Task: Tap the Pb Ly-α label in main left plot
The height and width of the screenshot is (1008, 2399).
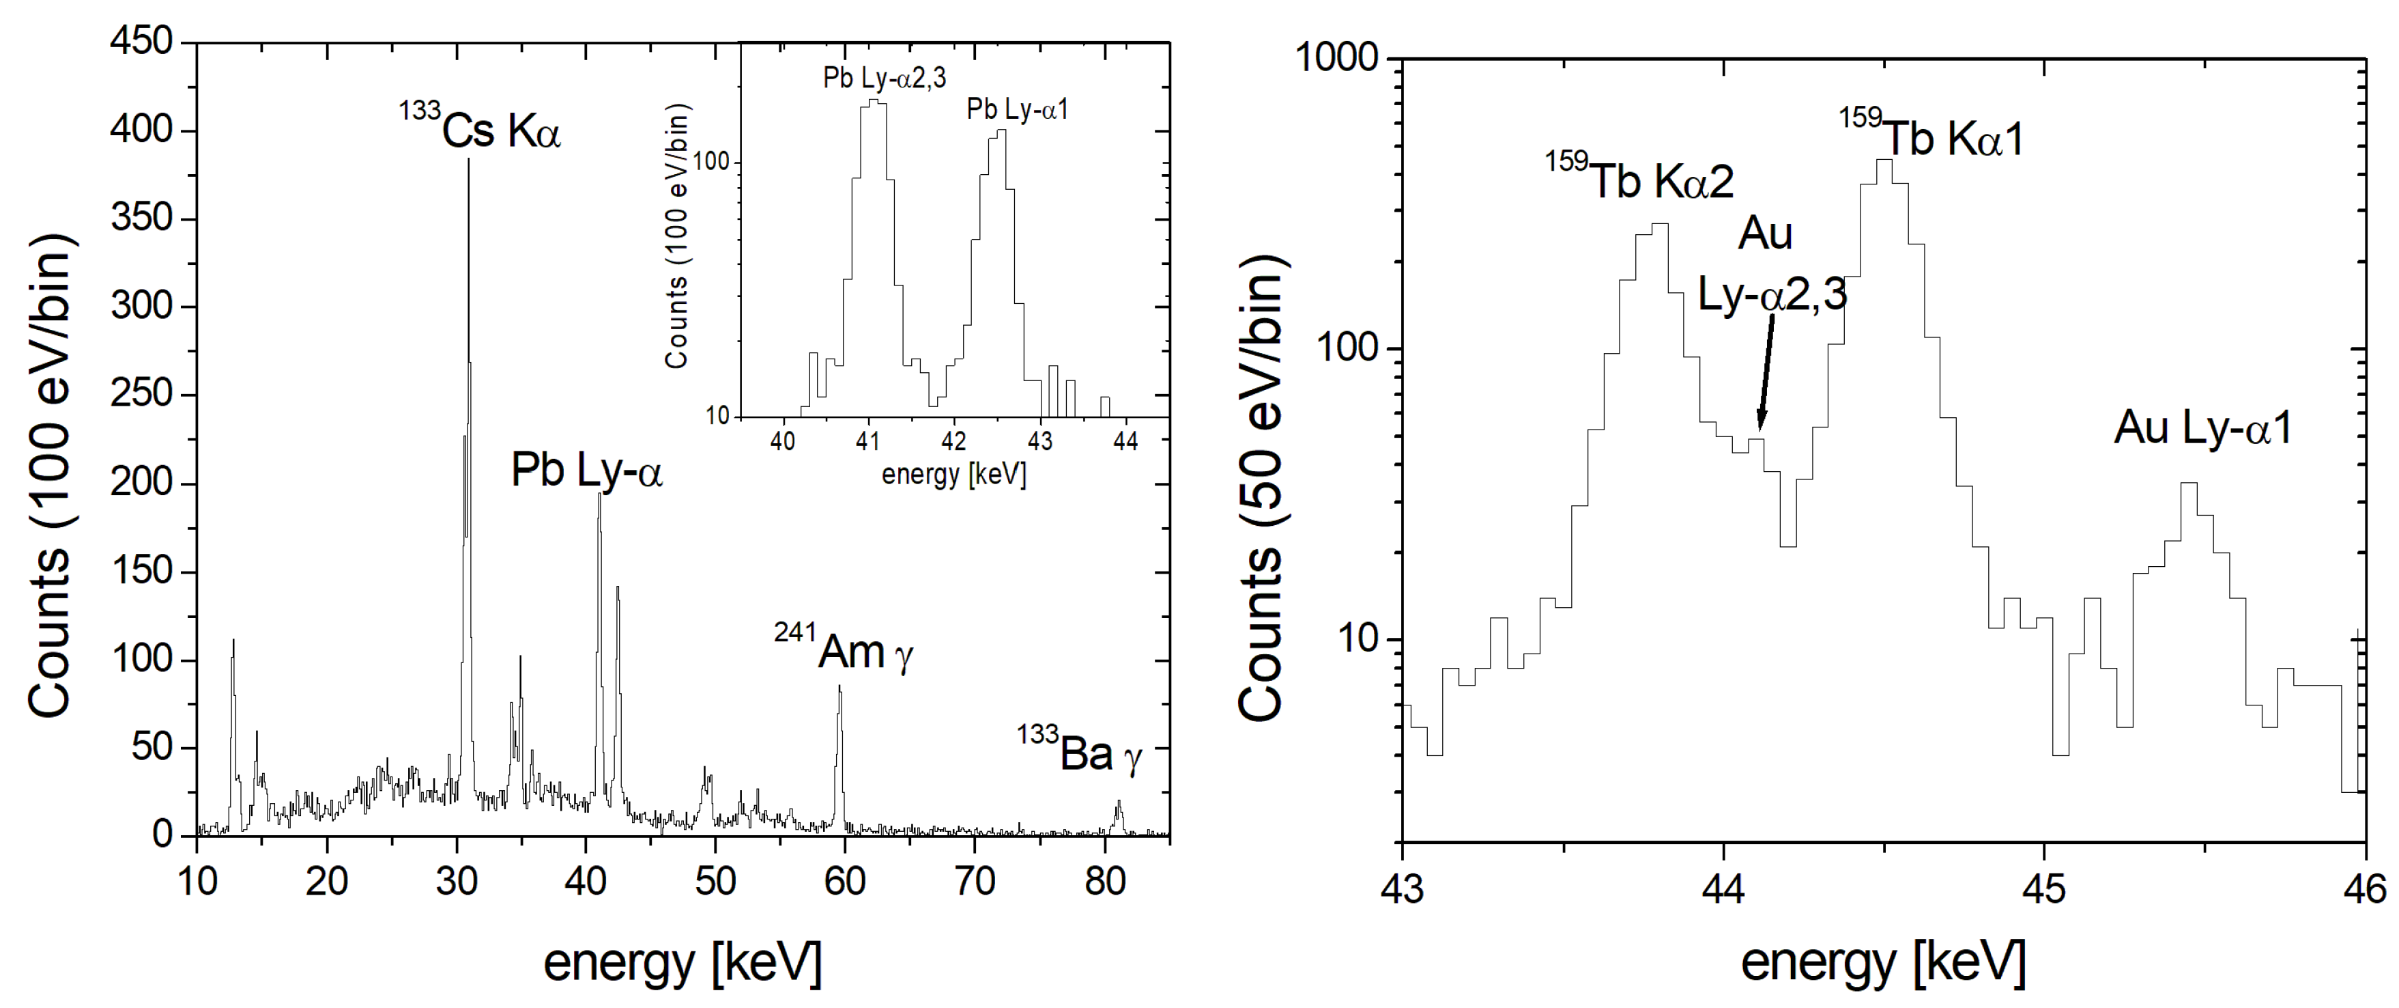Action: [x=587, y=471]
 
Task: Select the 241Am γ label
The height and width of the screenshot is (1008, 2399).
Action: [x=844, y=649]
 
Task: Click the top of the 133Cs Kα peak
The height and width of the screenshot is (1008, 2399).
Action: [x=468, y=162]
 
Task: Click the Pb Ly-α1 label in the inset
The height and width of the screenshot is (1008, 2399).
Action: [x=1017, y=110]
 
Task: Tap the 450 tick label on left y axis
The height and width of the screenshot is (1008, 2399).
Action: [x=141, y=42]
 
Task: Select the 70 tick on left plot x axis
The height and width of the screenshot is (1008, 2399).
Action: [x=974, y=880]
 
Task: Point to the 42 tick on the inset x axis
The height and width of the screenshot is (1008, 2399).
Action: [x=953, y=440]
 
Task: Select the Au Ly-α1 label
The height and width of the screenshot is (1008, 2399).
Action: [x=2202, y=428]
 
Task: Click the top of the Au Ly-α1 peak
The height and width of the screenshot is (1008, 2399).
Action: [x=2189, y=484]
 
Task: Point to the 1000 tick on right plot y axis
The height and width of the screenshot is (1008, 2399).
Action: [x=1336, y=59]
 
